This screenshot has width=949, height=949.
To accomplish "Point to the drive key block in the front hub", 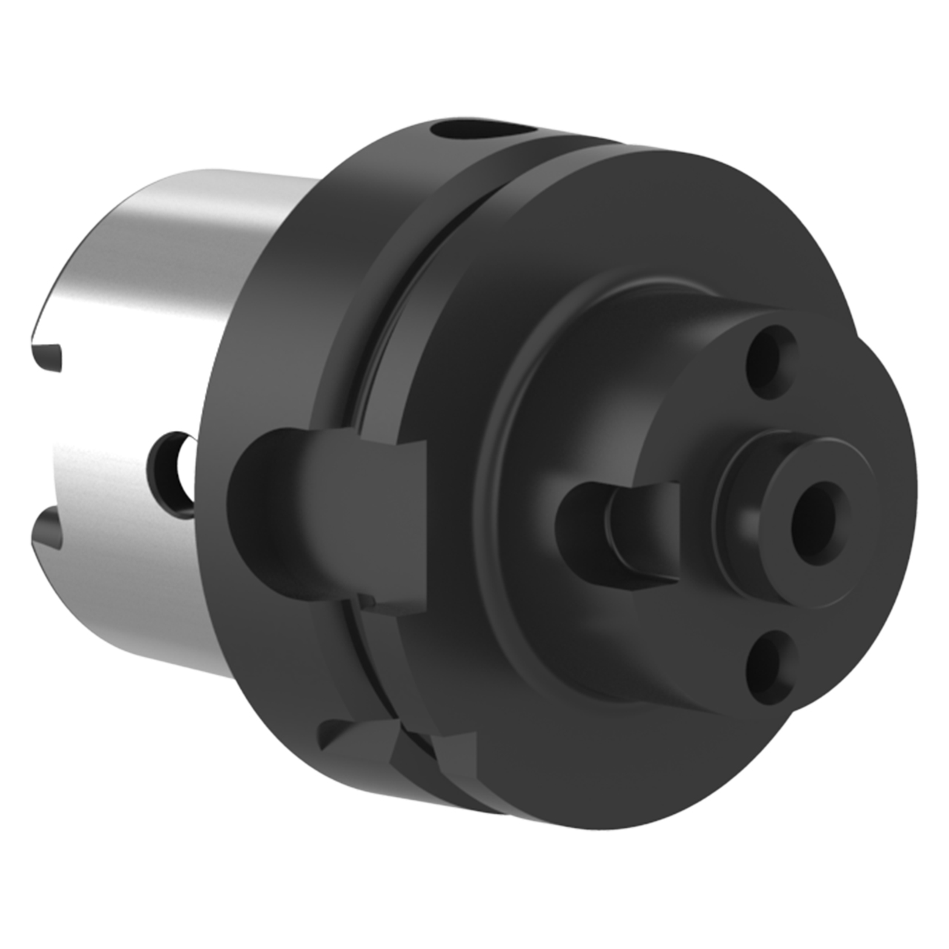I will (x=644, y=531).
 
